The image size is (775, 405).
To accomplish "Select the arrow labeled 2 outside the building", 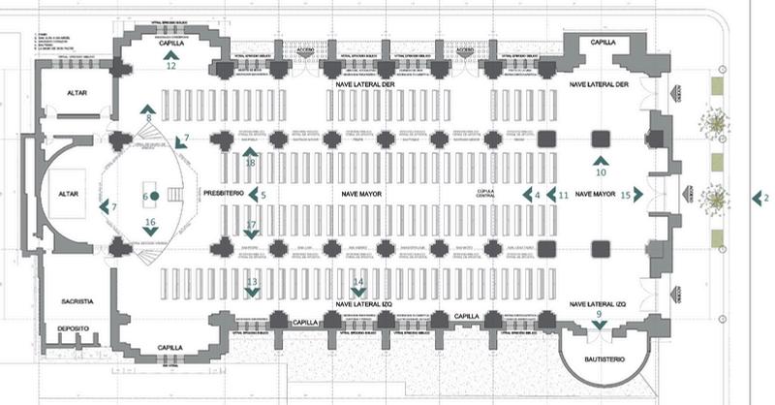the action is click(757, 198).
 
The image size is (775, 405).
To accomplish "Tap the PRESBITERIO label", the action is click(222, 194).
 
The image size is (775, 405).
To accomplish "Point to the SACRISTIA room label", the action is click(75, 289).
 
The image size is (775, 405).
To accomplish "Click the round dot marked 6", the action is click(154, 197).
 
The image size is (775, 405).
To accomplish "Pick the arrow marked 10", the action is click(601, 159).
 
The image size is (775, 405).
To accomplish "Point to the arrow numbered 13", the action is click(252, 293).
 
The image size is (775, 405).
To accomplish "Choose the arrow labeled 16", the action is click(150, 233).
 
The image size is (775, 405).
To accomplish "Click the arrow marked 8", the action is click(147, 108).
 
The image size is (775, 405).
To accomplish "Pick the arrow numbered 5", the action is click(252, 195).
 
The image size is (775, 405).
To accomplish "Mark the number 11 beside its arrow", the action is click(563, 195).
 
